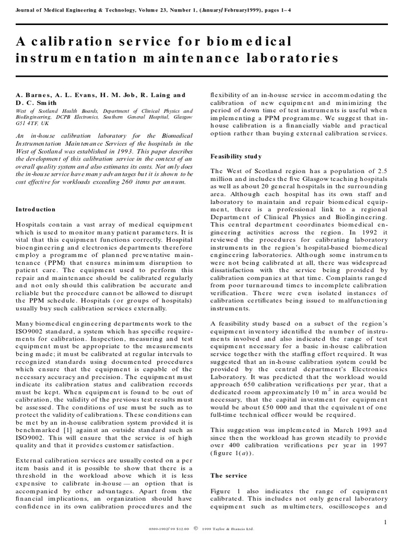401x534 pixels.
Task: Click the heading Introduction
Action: coord(36,209)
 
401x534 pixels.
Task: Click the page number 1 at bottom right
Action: coord(385,522)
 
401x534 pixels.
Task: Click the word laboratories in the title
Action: coord(293,58)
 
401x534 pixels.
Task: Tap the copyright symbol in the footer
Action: coord(196,528)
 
